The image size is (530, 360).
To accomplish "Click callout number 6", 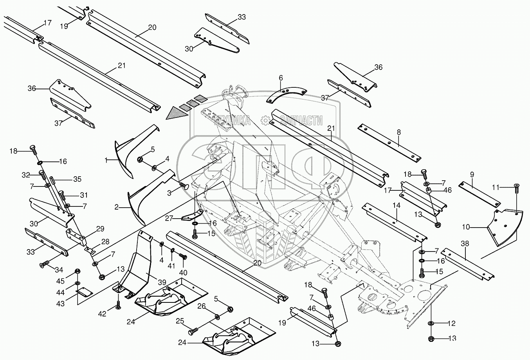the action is (281, 78).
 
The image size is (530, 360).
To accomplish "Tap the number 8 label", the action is (399, 132).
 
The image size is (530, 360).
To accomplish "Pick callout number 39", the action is (162, 282).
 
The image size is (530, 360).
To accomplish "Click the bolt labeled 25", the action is (193, 331).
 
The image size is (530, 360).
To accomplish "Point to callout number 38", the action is (465, 243).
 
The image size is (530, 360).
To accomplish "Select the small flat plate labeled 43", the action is (84, 293).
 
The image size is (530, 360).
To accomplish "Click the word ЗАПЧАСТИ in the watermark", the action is (301, 120).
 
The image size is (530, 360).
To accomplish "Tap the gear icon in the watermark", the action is (265, 120).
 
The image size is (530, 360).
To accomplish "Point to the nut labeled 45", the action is (77, 271).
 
